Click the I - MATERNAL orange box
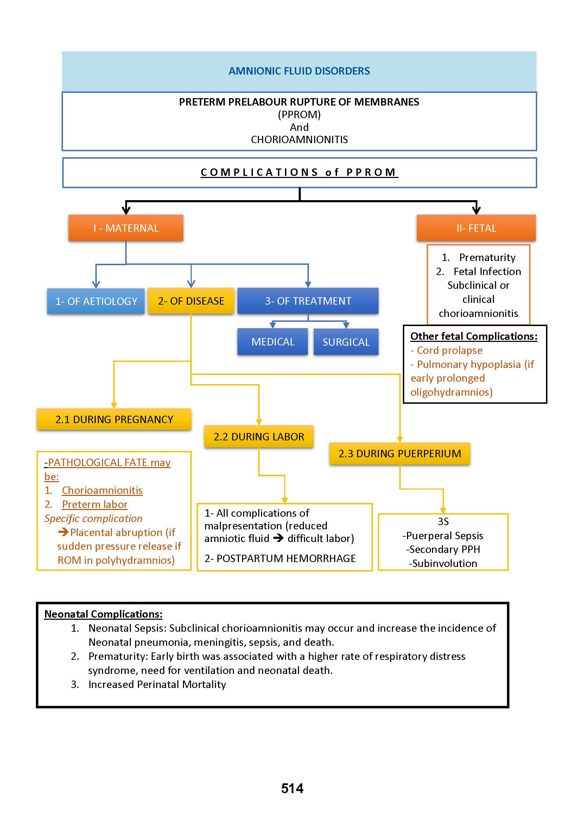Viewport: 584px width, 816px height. pyautogui.click(x=126, y=228)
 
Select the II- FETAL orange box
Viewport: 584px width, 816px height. pyautogui.click(x=476, y=228)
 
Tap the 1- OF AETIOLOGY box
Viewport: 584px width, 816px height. pyautogui.click(x=96, y=301)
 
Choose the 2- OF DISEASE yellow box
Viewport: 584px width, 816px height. pyautogui.click(x=191, y=301)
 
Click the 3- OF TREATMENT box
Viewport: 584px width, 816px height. pyautogui.click(x=308, y=301)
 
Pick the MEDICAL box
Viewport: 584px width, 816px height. pyautogui.click(x=273, y=342)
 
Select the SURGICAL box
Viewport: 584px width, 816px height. pyautogui.click(x=346, y=342)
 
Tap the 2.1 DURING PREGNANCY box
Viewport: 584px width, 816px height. pyautogui.click(x=114, y=419)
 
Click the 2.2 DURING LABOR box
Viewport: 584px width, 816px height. pyautogui.click(x=259, y=436)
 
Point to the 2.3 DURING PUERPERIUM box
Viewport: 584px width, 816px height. pyautogui.click(x=400, y=454)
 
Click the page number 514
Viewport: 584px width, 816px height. pyautogui.click(x=292, y=788)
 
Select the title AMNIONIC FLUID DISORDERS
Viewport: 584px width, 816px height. pyautogui.click(x=299, y=71)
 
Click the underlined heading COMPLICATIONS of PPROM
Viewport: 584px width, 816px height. pyautogui.click(x=299, y=172)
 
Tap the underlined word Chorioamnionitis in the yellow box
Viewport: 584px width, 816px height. pyautogui.click(x=102, y=490)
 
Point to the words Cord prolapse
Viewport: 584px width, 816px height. pyautogui.click(x=450, y=350)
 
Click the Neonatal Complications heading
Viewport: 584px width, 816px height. pyautogui.click(x=103, y=614)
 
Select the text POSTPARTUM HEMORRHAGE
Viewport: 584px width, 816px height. pyautogui.click(x=286, y=558)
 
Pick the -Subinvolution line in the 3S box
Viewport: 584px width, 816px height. pyautogui.click(x=443, y=563)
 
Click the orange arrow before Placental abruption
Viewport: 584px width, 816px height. pyautogui.click(x=63, y=532)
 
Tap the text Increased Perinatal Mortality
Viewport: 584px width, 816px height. pyautogui.click(x=157, y=684)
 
